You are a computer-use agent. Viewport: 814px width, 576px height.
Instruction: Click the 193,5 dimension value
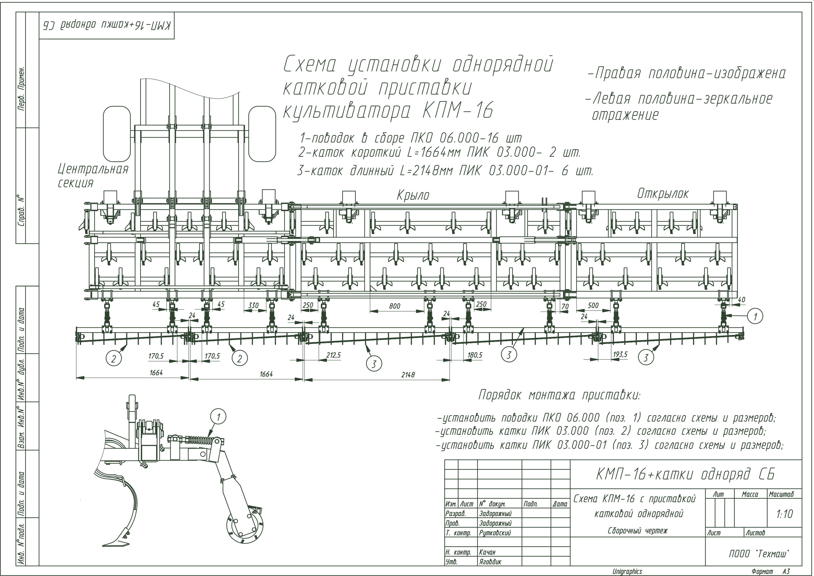(620, 354)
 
